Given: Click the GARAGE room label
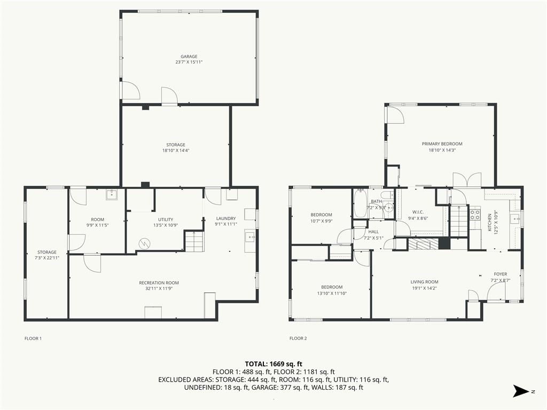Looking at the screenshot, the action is pos(189,57).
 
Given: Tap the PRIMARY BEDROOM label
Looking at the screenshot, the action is pos(442,144).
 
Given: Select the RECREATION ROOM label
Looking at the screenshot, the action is pos(159,283).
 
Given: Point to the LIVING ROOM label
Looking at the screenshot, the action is pos(424,282).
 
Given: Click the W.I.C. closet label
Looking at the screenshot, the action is pos(418,212).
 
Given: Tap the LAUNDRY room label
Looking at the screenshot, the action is pos(226,218).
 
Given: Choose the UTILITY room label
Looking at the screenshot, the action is pos(166,219).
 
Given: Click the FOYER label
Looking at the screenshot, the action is pos(500,274).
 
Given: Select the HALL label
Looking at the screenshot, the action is pos(373,232).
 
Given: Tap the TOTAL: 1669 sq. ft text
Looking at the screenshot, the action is pos(273,364).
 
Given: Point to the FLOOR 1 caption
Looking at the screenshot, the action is pos(33,338).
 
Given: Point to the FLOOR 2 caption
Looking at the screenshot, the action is pos(298,338).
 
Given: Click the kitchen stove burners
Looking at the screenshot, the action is pos(475,214).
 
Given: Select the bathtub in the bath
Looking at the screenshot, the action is pos(360,203).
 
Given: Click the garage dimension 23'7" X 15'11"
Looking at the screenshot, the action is pos(189,62).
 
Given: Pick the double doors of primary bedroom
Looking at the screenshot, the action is pos(467,180).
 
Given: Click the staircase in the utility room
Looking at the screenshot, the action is pos(193,241).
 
